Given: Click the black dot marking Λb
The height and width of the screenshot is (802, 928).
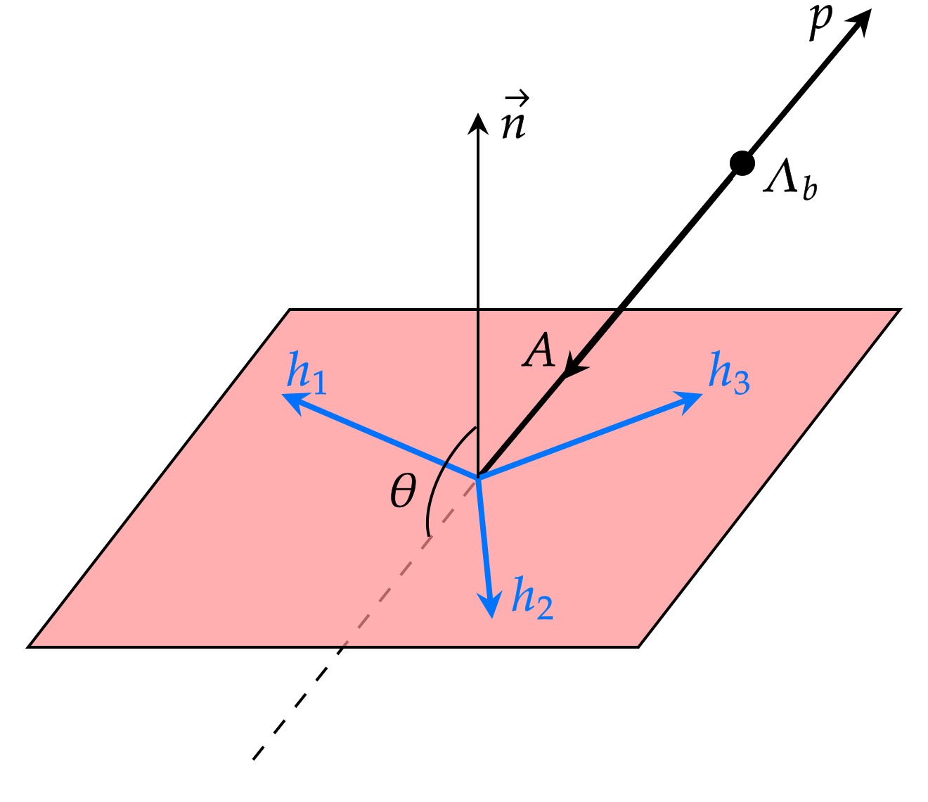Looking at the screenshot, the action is click(741, 163).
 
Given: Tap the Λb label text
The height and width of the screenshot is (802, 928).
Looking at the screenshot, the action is click(791, 181).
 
